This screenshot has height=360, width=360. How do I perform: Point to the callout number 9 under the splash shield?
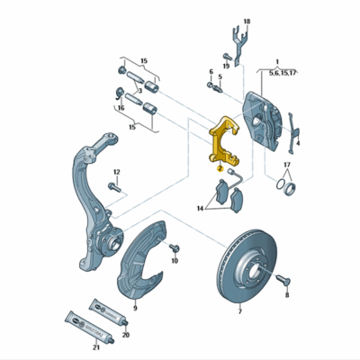(134, 309)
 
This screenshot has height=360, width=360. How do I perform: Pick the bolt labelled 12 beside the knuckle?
(113, 187)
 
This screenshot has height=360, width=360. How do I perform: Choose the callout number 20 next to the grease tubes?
(125, 335)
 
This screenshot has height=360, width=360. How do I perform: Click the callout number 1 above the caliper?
(277, 58)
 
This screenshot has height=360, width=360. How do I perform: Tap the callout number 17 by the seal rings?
(287, 166)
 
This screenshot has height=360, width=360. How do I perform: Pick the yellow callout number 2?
(219, 167)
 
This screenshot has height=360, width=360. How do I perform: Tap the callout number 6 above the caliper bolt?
(211, 72)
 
